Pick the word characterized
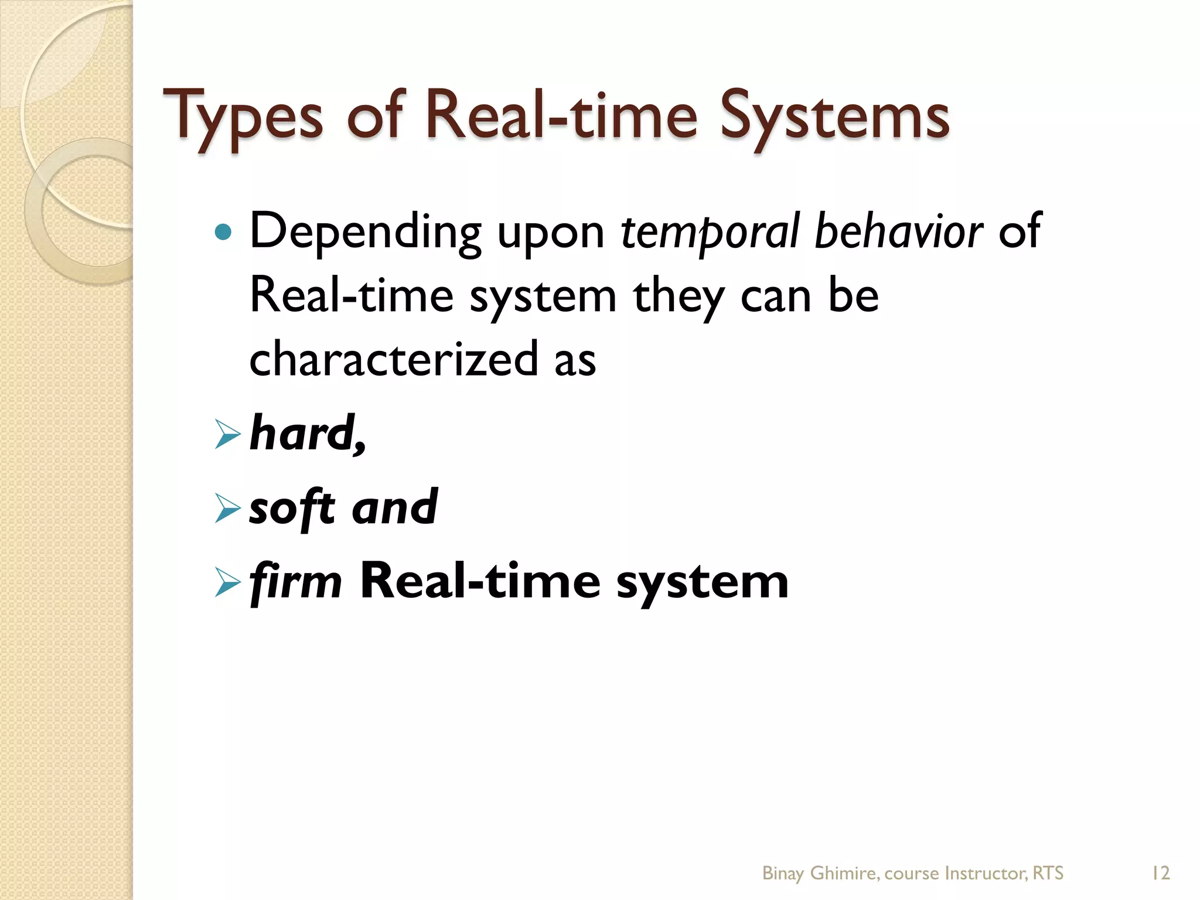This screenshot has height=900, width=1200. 393,359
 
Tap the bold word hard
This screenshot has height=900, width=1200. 305,434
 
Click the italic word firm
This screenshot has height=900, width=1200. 296,581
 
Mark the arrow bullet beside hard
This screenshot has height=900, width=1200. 227,435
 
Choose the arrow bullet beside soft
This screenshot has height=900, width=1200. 227,509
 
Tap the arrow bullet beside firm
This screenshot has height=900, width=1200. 227,582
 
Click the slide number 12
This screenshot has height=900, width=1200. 1160,873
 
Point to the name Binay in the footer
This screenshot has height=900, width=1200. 783,874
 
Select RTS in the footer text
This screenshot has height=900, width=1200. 1048,873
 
